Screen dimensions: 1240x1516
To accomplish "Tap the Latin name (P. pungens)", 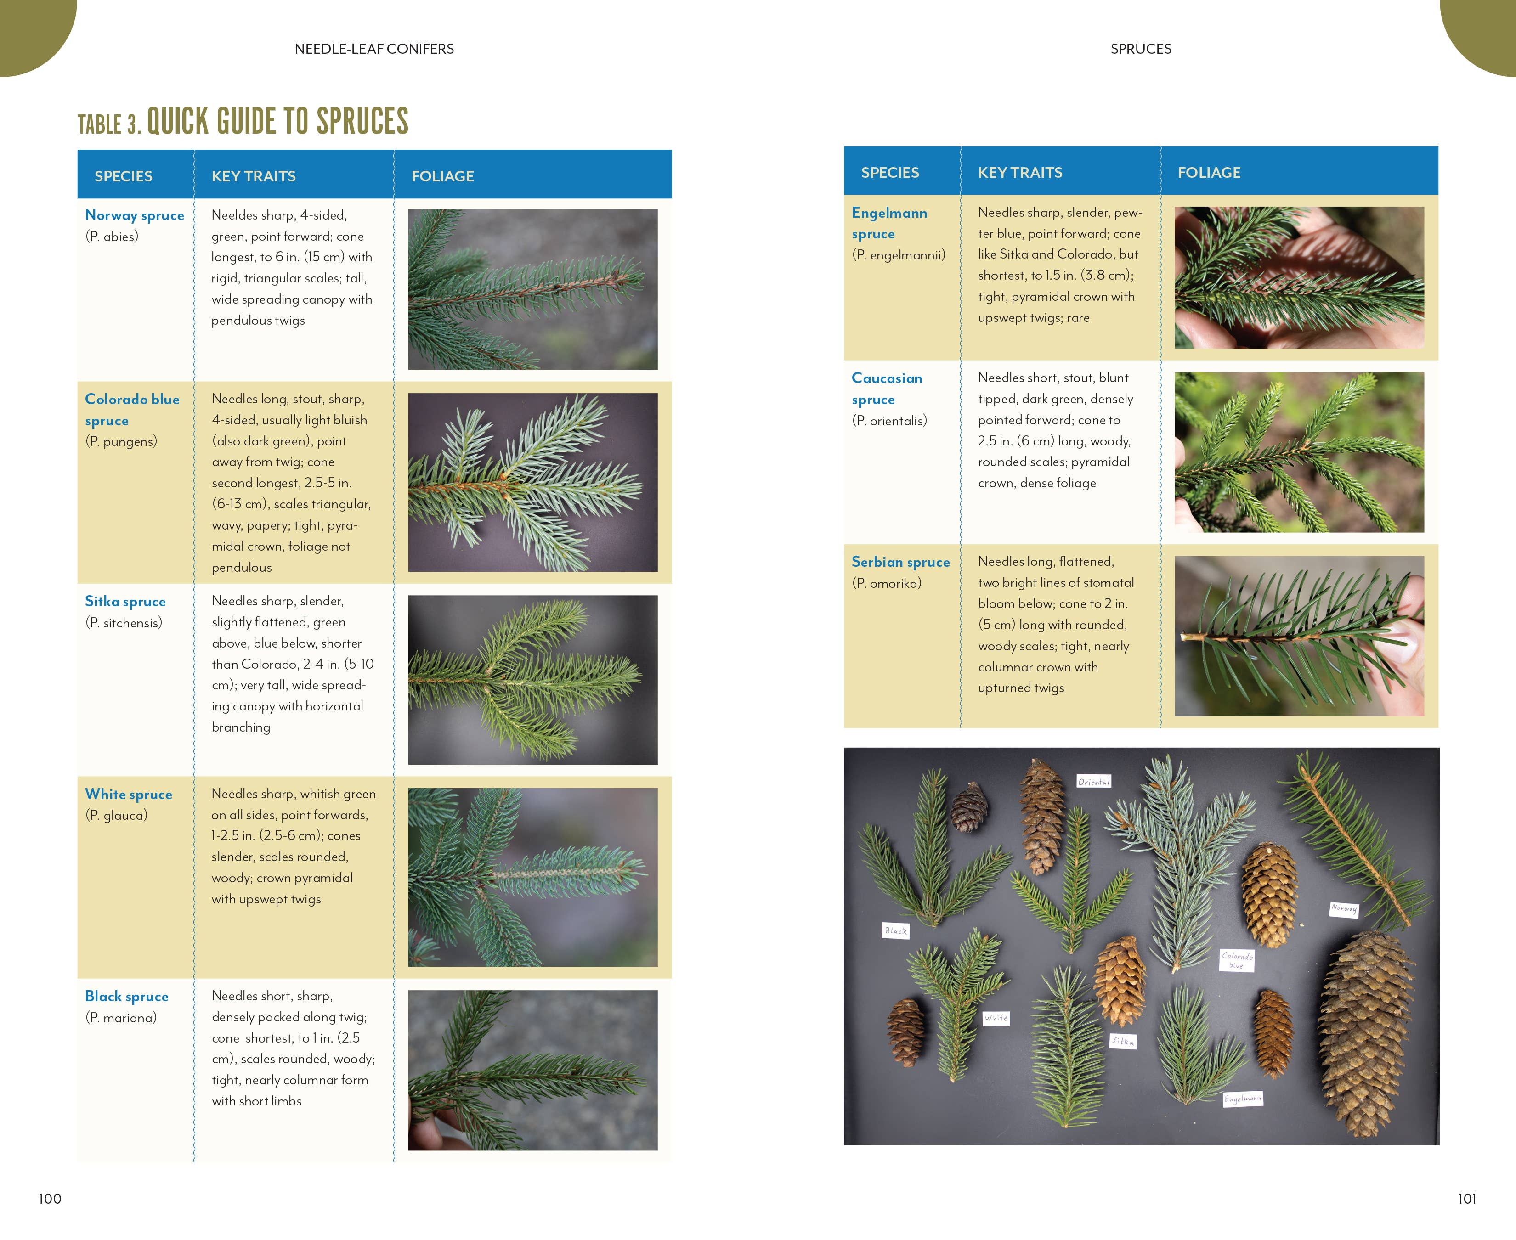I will click(x=121, y=441).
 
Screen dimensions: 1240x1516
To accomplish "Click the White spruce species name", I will click(x=129, y=794).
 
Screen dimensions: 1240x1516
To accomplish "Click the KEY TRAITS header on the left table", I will click(x=254, y=176).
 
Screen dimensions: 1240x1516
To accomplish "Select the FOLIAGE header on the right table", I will click(x=1209, y=172).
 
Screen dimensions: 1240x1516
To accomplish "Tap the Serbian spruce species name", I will click(x=900, y=562).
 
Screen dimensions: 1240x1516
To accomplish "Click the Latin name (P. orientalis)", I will click(x=889, y=421).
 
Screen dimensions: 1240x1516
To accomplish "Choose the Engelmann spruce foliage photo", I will click(x=1299, y=278).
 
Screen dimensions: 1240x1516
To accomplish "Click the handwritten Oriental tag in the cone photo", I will click(x=1094, y=781).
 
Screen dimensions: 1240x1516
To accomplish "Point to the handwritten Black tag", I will click(x=895, y=931).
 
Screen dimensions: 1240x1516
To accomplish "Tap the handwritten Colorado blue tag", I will click(x=1237, y=960).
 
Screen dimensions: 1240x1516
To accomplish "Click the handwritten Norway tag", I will click(x=1343, y=908).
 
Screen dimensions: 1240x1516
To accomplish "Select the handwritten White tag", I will click(x=996, y=1018).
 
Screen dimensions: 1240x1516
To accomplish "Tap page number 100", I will click(x=50, y=1199).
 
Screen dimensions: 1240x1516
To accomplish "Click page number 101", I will click(x=1467, y=1199).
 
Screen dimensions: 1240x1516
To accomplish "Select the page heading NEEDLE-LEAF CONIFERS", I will click(x=374, y=49).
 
